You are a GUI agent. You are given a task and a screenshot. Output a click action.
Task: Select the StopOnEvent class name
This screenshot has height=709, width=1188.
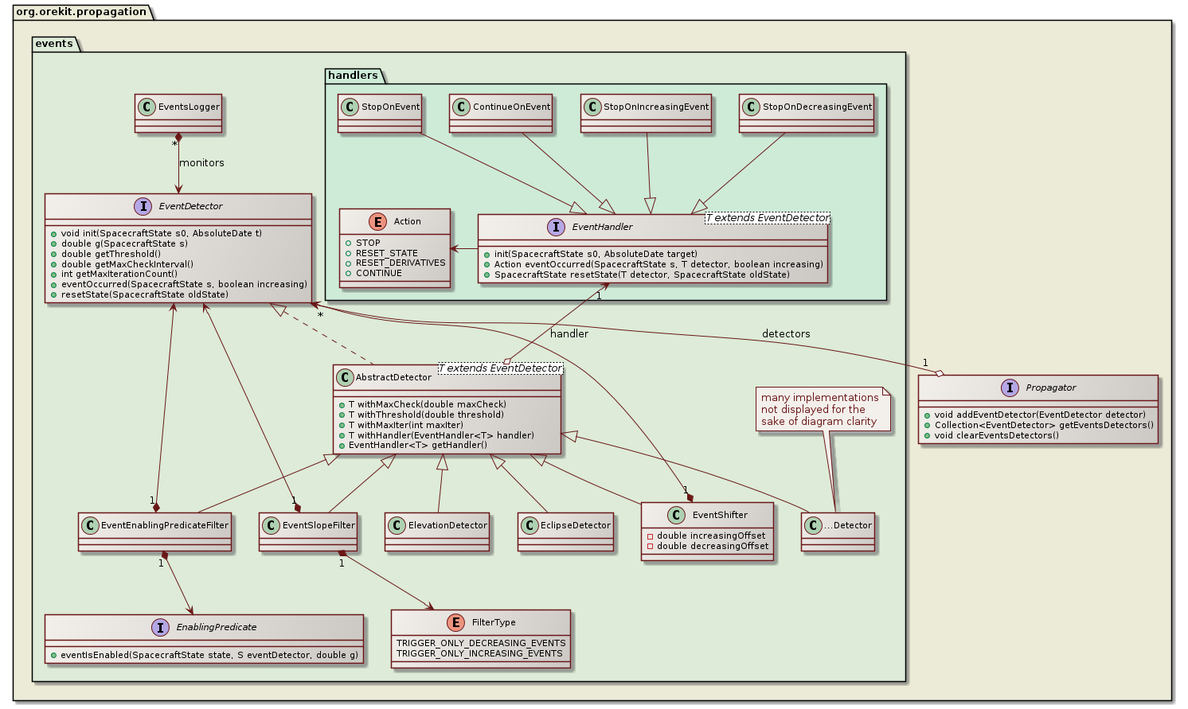pyautogui.click(x=390, y=107)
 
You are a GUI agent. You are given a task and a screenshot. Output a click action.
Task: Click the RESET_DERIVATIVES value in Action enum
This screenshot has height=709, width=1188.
pyautogui.click(x=401, y=263)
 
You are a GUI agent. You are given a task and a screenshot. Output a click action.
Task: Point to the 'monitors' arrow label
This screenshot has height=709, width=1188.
pyautogui.click(x=201, y=163)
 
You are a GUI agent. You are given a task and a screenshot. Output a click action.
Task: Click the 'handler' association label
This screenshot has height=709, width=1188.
pyautogui.click(x=569, y=334)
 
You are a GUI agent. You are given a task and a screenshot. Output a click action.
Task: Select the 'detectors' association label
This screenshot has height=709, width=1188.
pyautogui.click(x=786, y=334)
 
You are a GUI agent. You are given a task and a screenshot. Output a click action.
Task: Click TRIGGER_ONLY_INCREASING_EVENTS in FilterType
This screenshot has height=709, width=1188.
pyautogui.click(x=479, y=653)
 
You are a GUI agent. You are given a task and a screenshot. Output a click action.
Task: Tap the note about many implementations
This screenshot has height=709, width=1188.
pyautogui.click(x=819, y=409)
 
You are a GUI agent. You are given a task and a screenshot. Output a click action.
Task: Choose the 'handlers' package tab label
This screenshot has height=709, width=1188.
pyautogui.click(x=353, y=76)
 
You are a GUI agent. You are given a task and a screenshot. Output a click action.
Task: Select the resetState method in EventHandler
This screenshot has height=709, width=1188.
pyautogui.click(x=642, y=275)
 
